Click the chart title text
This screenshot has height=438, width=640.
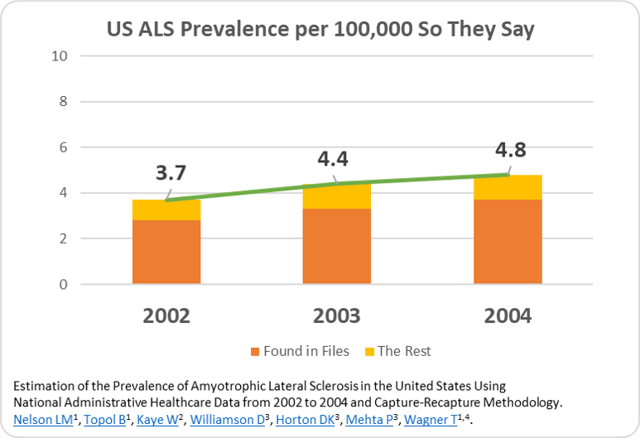point(320,31)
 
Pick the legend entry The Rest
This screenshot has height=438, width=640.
point(404,351)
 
